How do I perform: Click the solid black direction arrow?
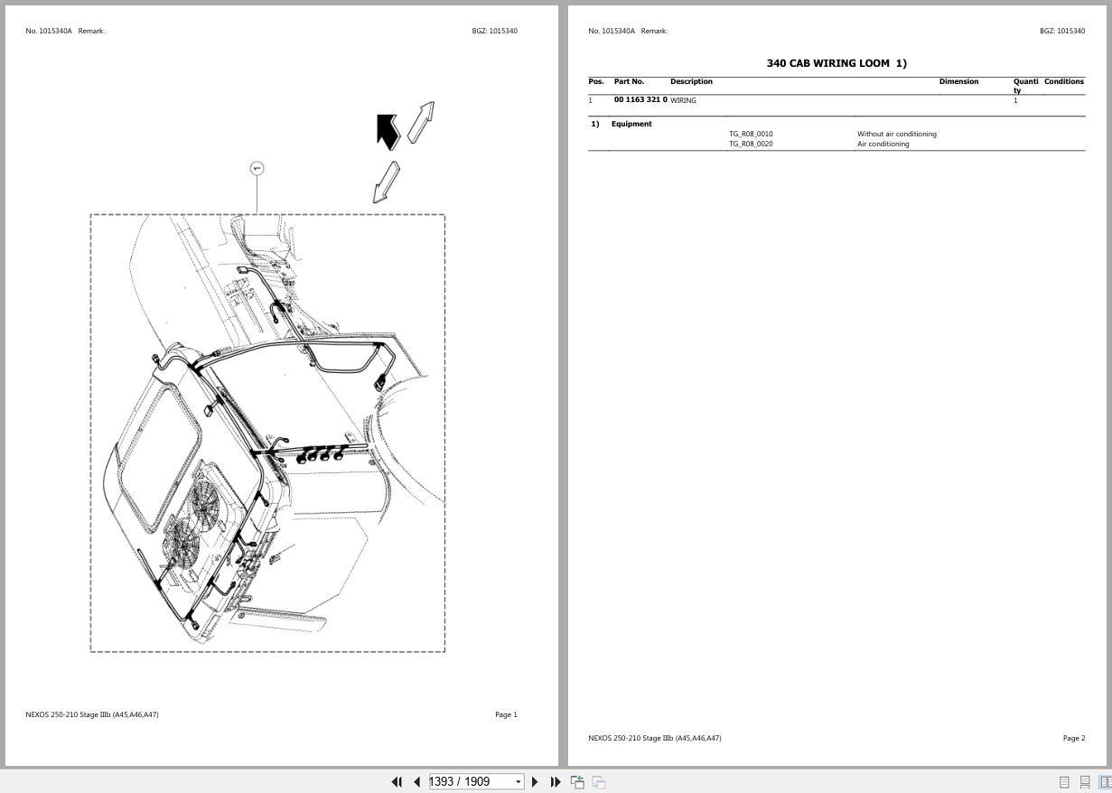[388, 131]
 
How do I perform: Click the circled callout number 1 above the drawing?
[257, 169]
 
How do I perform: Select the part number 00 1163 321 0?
[640, 100]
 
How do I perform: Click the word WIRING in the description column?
[683, 101]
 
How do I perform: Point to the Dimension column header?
[958, 82]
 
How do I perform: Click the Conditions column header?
[1063, 82]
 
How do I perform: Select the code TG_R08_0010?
[751, 135]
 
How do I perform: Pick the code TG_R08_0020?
[751, 145]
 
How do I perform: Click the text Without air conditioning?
[896, 135]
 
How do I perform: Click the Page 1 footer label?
[506, 715]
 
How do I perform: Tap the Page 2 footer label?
[1073, 739]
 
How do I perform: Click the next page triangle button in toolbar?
[535, 782]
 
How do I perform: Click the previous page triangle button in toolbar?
[416, 782]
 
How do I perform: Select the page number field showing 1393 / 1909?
[471, 782]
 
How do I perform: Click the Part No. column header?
[629, 82]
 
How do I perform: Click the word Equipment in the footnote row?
[631, 125]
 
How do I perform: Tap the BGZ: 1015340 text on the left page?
[494, 32]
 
